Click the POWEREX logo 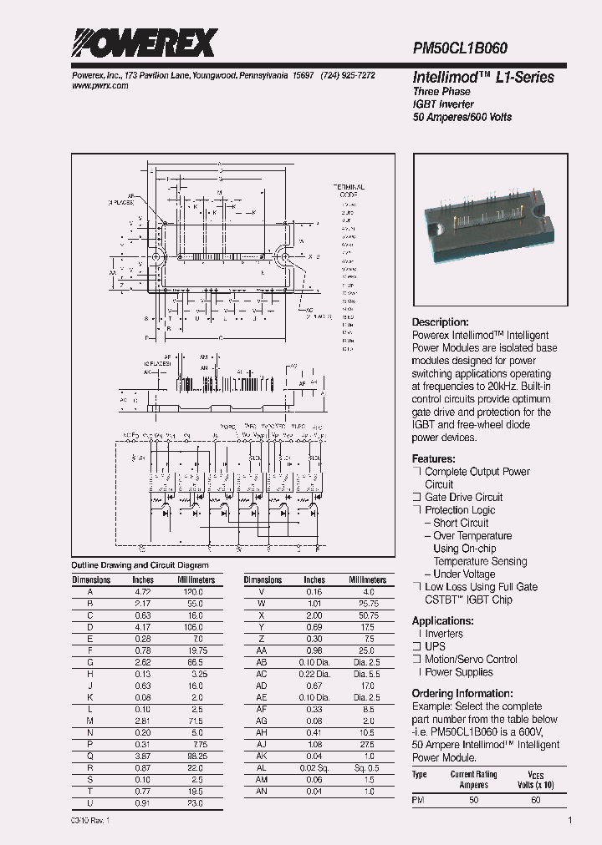pos(145,43)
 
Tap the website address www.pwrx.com pos(94,86)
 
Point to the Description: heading pos(441,322)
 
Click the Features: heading pos(434,459)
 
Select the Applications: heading pos(443,620)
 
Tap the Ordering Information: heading pos(462,693)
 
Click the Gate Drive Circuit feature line pos(464,498)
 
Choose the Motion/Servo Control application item pos(472,660)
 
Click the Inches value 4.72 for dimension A pos(143,591)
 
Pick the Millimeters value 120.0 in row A pos(196,591)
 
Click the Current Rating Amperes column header pos(474,780)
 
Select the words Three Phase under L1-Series pos(441,92)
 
